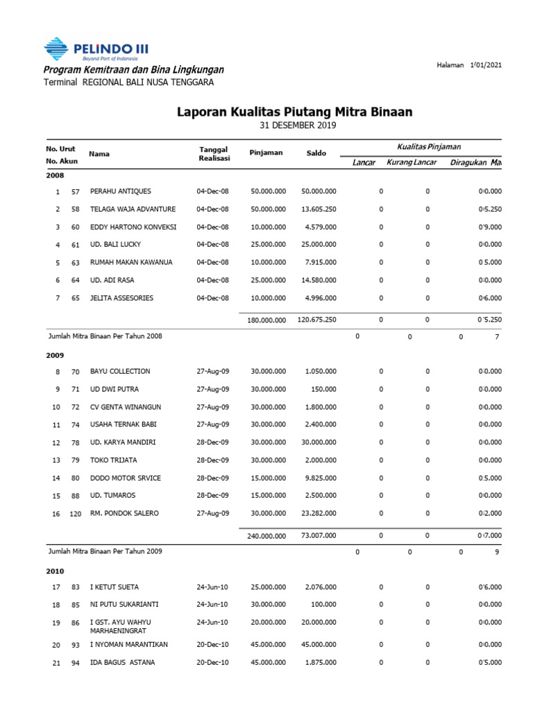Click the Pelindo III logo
[x=96, y=49]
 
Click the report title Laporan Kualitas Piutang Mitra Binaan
[x=295, y=112]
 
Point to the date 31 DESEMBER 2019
[x=297, y=125]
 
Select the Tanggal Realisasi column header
[x=214, y=154]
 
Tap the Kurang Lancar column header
[x=412, y=162]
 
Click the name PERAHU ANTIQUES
[x=121, y=191]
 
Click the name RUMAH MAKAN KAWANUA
[x=131, y=263]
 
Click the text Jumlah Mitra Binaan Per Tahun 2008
[x=105, y=336]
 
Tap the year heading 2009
[x=55, y=355]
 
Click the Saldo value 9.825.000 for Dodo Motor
[x=321, y=478]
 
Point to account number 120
[x=75, y=514]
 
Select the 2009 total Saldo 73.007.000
[x=321, y=536]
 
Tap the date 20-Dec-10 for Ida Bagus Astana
[x=212, y=662]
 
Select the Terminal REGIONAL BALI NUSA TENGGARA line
[x=128, y=83]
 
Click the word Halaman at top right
[x=450, y=65]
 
